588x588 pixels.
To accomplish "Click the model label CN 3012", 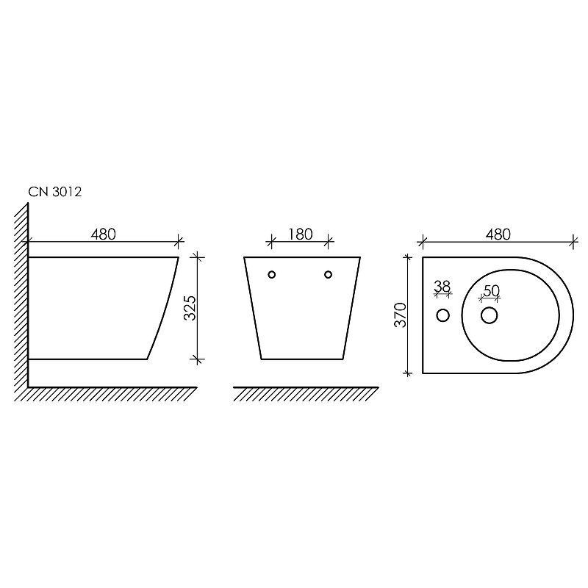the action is [54, 192].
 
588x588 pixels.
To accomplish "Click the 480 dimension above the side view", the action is [103, 234].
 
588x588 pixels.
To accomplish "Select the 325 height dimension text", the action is [190, 308].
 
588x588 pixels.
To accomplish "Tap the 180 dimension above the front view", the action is [301, 234].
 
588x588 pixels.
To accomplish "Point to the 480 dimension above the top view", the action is [498, 234].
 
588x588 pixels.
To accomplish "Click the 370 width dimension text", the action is [401, 315].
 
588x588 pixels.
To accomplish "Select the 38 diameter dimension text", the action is [442, 287].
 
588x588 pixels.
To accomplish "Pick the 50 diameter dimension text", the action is [491, 290].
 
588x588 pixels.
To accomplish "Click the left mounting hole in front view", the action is [272, 274].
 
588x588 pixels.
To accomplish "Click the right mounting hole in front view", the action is [328, 274].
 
